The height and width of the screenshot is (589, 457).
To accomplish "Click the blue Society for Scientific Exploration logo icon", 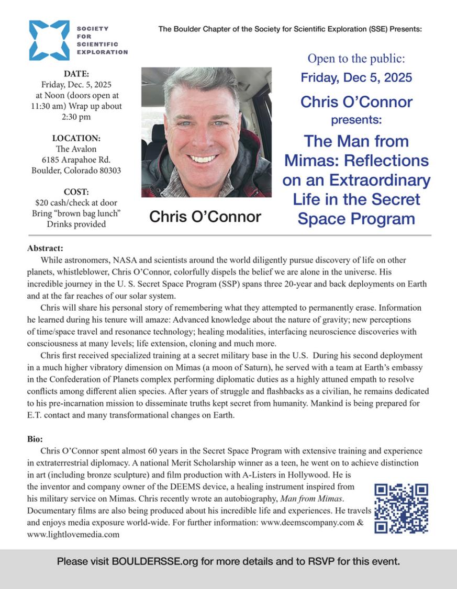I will click(x=49, y=40).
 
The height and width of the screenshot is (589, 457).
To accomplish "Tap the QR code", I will click(x=402, y=508).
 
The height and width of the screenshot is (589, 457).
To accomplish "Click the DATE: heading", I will click(x=76, y=74).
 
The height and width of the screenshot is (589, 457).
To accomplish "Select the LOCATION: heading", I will click(x=76, y=138).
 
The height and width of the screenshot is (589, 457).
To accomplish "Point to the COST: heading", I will click(x=76, y=192).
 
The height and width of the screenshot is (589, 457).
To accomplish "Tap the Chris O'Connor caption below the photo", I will click(x=205, y=217).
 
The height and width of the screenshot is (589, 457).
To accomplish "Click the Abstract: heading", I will click(x=45, y=248).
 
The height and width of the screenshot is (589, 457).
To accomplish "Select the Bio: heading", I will click(x=35, y=439).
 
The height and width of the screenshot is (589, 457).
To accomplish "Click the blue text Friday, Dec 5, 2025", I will click(x=356, y=78).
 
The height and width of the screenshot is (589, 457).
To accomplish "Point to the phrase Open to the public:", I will click(x=356, y=58).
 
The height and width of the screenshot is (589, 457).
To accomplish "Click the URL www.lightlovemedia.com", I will click(x=73, y=534).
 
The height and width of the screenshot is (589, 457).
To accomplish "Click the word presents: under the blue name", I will click(x=356, y=120).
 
